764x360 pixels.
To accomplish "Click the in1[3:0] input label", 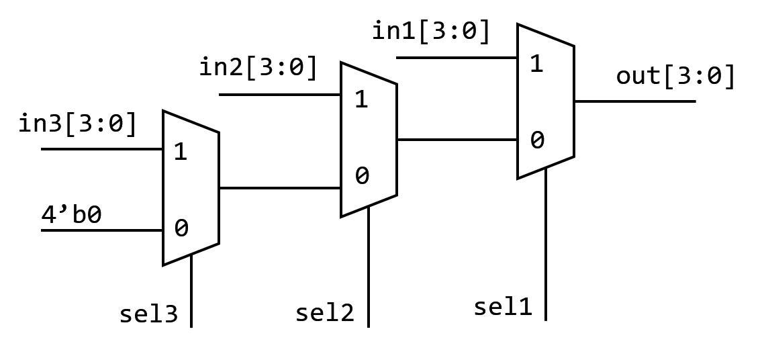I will click(x=431, y=32).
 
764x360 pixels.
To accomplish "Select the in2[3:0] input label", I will click(x=258, y=68).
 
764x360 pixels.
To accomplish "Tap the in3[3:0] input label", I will click(x=78, y=124).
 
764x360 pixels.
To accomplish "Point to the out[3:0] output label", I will click(x=675, y=76).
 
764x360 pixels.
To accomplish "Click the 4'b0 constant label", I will click(x=71, y=216).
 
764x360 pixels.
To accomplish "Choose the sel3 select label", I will click(x=148, y=314).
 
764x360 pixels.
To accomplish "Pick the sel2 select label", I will click(x=324, y=313).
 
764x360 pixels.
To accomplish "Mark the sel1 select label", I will click(x=502, y=307).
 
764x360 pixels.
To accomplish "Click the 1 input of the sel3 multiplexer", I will click(x=180, y=152).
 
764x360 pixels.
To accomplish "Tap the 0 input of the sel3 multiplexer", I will click(x=181, y=228).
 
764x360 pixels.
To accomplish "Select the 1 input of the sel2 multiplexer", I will click(x=361, y=99).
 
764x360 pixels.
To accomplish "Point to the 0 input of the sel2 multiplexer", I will click(x=361, y=176).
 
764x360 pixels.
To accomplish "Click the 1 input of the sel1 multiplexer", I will click(x=536, y=64).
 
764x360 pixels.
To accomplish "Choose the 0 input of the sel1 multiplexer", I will click(x=536, y=140).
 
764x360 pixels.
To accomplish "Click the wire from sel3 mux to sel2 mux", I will click(x=279, y=188).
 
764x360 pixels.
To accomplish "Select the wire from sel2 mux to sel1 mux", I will click(x=457, y=140).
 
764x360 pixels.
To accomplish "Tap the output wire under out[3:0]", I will click(x=634, y=101).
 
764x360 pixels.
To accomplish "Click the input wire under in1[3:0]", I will click(x=457, y=58).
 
